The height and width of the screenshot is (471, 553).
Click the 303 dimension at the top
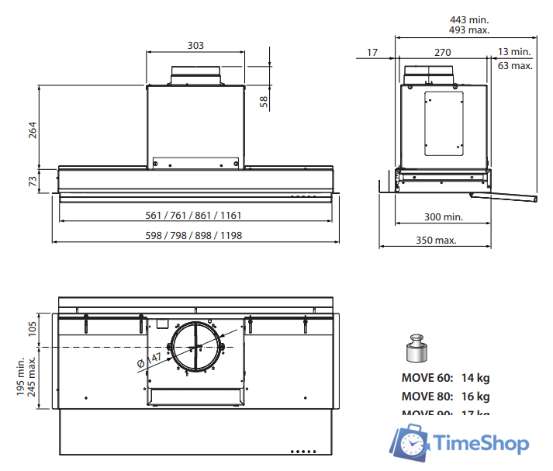[195, 46]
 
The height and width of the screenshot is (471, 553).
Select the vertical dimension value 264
[33, 130]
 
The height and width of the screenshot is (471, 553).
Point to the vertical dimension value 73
[33, 180]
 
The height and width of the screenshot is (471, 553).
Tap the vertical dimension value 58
[264, 101]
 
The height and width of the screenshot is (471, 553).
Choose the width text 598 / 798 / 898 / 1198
[195, 235]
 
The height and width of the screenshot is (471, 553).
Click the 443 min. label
[469, 19]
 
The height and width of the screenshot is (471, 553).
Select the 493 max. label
[469, 30]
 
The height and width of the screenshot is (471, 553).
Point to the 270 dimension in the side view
[442, 52]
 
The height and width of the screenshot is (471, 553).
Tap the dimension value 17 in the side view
[372, 52]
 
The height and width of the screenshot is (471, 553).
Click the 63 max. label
[515, 66]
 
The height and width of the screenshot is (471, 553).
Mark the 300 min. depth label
[443, 216]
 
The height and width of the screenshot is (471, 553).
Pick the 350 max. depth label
[435, 240]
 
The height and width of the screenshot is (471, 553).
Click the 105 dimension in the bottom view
[33, 327]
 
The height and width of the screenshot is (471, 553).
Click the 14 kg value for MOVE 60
[475, 379]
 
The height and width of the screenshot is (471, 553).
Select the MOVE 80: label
[427, 397]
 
